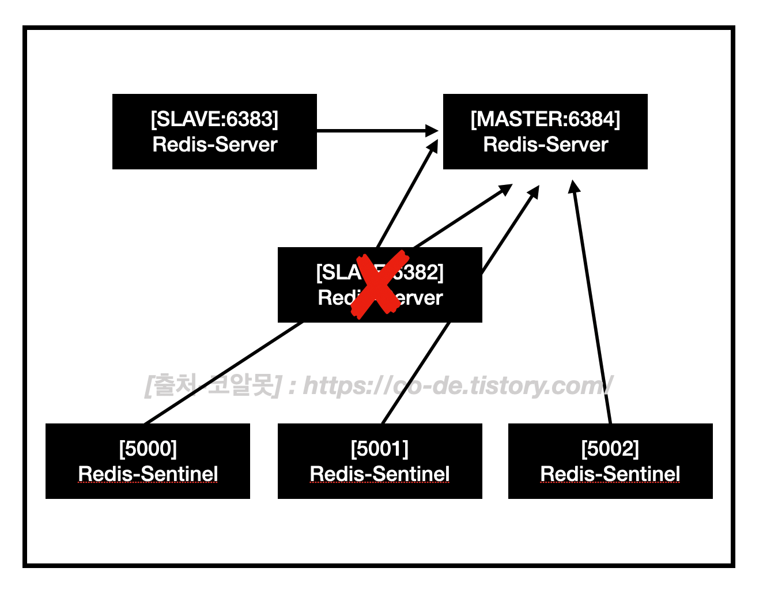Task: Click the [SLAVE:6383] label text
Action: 214,119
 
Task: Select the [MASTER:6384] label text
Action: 545,119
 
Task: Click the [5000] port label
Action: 148,448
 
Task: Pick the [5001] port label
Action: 379,448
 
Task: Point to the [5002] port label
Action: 610,448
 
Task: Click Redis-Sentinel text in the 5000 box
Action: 148,474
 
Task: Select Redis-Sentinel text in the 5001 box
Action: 379,474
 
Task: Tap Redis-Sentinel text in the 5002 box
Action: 610,474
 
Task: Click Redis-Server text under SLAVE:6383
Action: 214,144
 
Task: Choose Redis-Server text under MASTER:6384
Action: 545,144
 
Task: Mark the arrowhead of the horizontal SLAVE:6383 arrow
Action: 432,131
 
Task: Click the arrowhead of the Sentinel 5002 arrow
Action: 574,187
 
